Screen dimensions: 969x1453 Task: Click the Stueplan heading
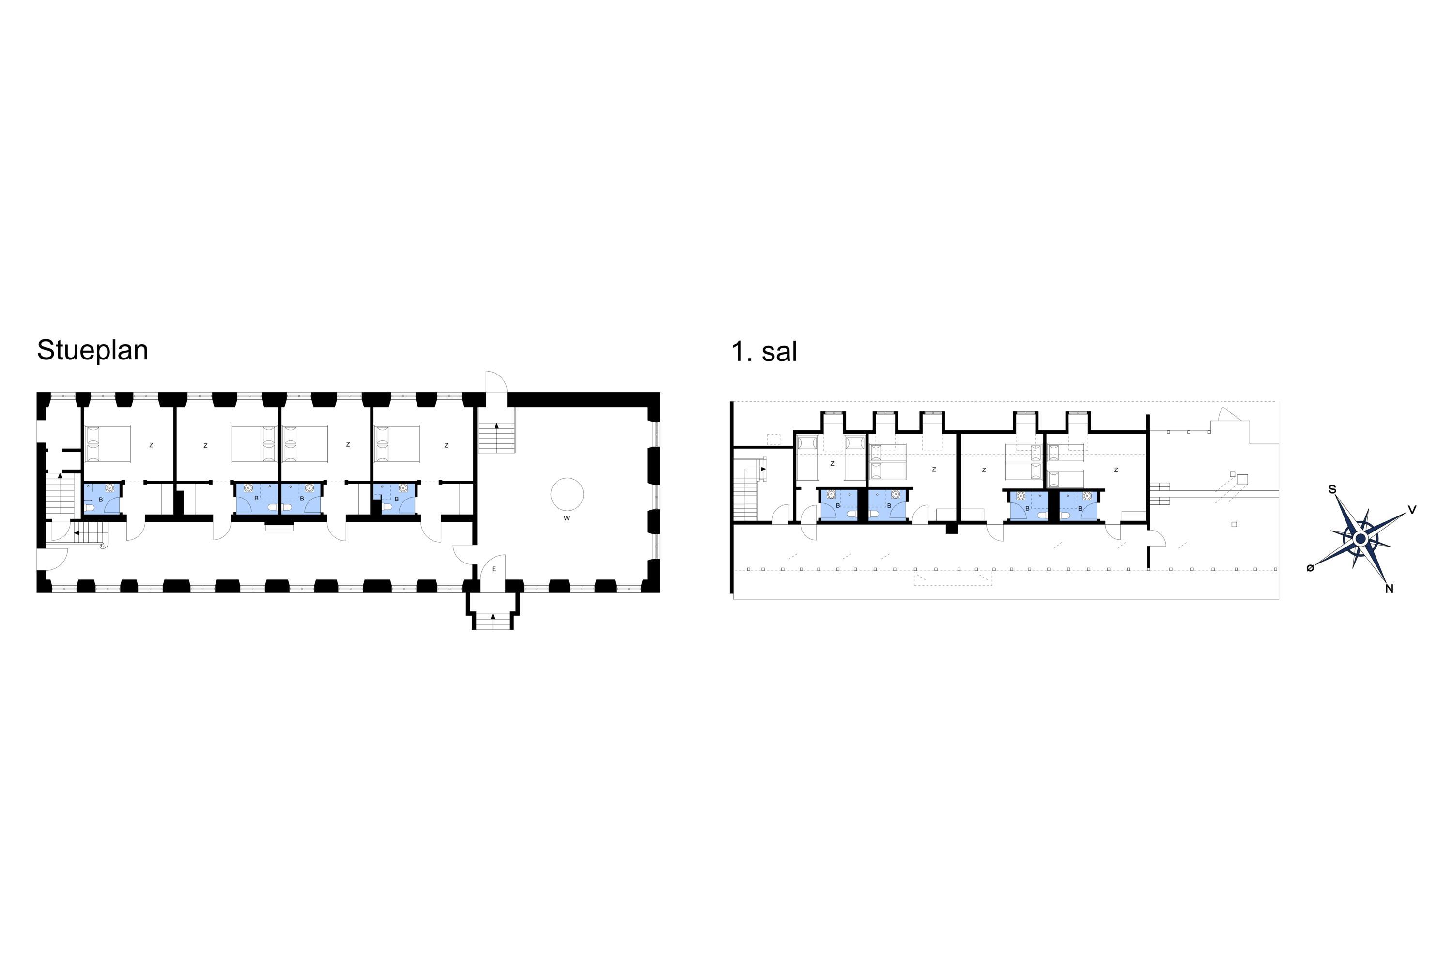click(93, 350)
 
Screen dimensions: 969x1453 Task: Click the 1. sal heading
click(764, 352)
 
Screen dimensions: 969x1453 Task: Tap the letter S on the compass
click(1332, 489)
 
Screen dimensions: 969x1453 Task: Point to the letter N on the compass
click(1390, 588)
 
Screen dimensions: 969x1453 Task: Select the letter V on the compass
click(1412, 510)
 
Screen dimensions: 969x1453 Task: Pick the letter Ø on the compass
click(1310, 568)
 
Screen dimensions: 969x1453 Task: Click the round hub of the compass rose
click(1360, 538)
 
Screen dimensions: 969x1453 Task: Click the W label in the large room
click(567, 518)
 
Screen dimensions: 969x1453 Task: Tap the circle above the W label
click(567, 494)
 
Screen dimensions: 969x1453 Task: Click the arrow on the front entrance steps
click(493, 616)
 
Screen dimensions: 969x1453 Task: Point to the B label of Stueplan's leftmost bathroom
click(101, 500)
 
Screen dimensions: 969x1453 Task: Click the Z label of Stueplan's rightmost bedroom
click(446, 445)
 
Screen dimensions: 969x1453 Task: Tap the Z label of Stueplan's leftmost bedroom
click(151, 445)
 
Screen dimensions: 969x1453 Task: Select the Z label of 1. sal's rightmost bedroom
click(1116, 469)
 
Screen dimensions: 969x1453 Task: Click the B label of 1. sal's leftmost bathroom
click(838, 505)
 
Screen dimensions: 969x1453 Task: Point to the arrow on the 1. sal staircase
click(764, 469)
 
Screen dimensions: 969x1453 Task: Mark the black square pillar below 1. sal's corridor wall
click(951, 529)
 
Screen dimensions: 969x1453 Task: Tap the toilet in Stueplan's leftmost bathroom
click(90, 508)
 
